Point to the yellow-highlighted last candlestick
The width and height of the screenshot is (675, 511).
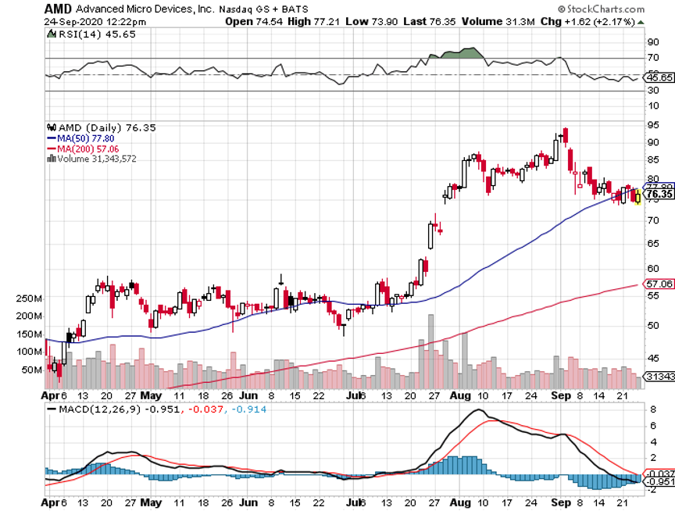tap(638, 197)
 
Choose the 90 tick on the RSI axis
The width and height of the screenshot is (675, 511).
tap(650, 43)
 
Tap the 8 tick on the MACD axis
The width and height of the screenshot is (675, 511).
tap(648, 408)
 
